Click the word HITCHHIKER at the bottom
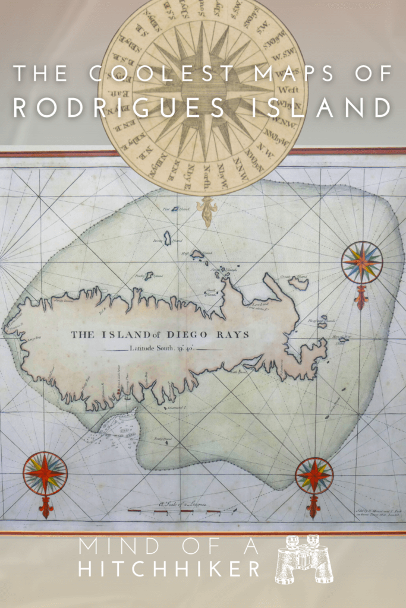(169, 569)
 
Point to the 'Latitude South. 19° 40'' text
(161, 349)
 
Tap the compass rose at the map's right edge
(361, 262)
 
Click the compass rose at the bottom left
(45, 473)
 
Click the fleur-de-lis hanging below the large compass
(207, 211)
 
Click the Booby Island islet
(168, 237)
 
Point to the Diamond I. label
(177, 408)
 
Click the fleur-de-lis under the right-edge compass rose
(361, 297)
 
